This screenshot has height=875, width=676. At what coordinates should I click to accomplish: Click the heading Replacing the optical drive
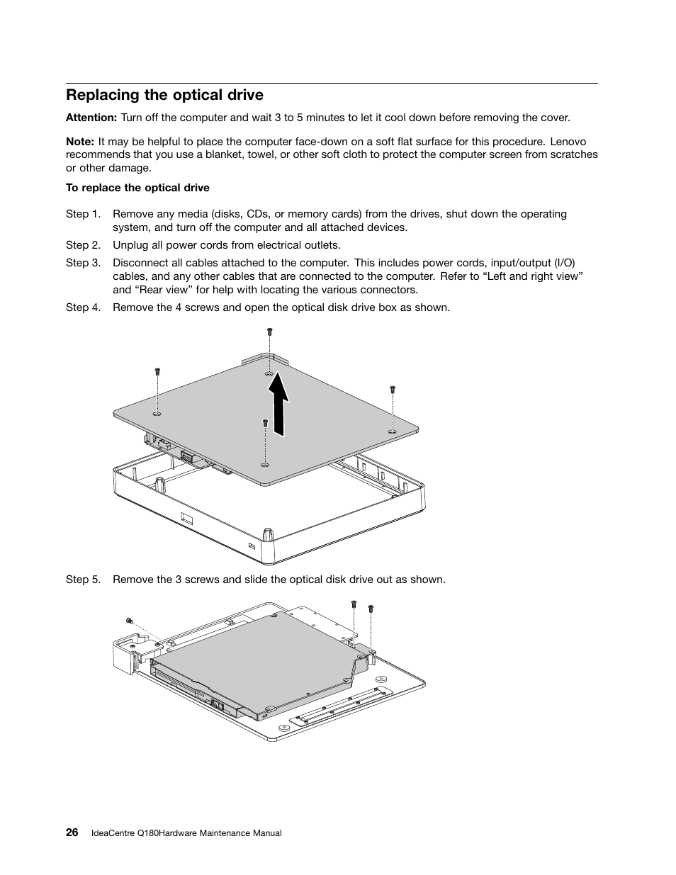click(x=164, y=95)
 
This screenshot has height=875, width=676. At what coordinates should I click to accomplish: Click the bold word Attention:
click(x=91, y=118)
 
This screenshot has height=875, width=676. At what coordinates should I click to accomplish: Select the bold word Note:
click(x=80, y=142)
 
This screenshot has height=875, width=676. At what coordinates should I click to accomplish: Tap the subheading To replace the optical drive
click(x=137, y=188)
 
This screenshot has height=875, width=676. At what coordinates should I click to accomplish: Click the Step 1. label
click(x=87, y=214)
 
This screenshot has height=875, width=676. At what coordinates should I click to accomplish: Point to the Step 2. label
click(x=87, y=245)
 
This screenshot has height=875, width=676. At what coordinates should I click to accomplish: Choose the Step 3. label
click(x=87, y=263)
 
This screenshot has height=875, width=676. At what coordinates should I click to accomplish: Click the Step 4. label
click(x=87, y=307)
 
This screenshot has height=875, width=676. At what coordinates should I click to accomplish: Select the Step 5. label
click(x=87, y=580)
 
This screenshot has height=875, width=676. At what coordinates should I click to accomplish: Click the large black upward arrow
click(x=279, y=405)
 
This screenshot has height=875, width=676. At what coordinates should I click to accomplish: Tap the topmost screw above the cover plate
click(x=269, y=331)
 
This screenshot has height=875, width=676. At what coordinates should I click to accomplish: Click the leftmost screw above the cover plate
click(x=157, y=371)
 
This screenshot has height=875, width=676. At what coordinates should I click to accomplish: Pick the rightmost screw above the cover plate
click(x=393, y=389)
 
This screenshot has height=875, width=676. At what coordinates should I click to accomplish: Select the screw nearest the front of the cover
click(x=264, y=422)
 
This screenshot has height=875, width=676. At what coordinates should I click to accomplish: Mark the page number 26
click(x=72, y=832)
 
